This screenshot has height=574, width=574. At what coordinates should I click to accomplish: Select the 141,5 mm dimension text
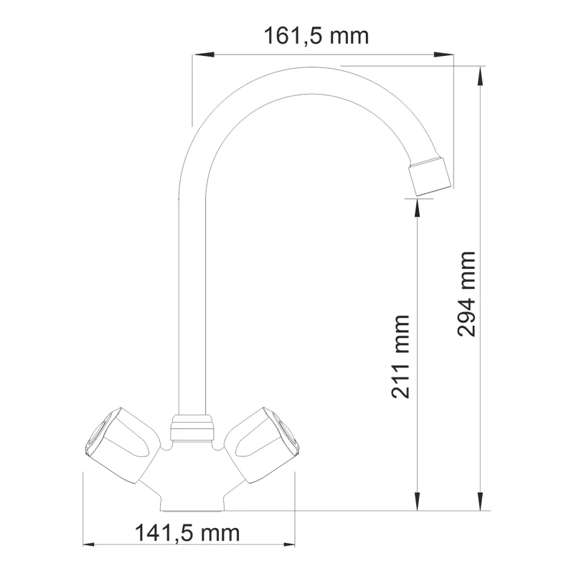point(187,533)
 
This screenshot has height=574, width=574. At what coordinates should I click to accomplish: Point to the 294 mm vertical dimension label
point(466,293)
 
